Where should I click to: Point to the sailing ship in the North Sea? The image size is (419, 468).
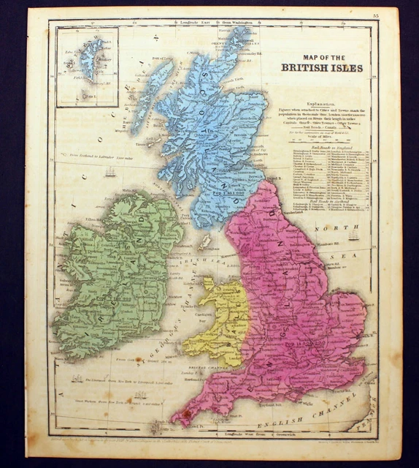pyautogui.click(x=353, y=235)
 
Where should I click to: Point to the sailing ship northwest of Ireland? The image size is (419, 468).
pyautogui.click(x=110, y=172)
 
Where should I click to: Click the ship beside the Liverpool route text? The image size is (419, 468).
pyautogui.click(x=77, y=379)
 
